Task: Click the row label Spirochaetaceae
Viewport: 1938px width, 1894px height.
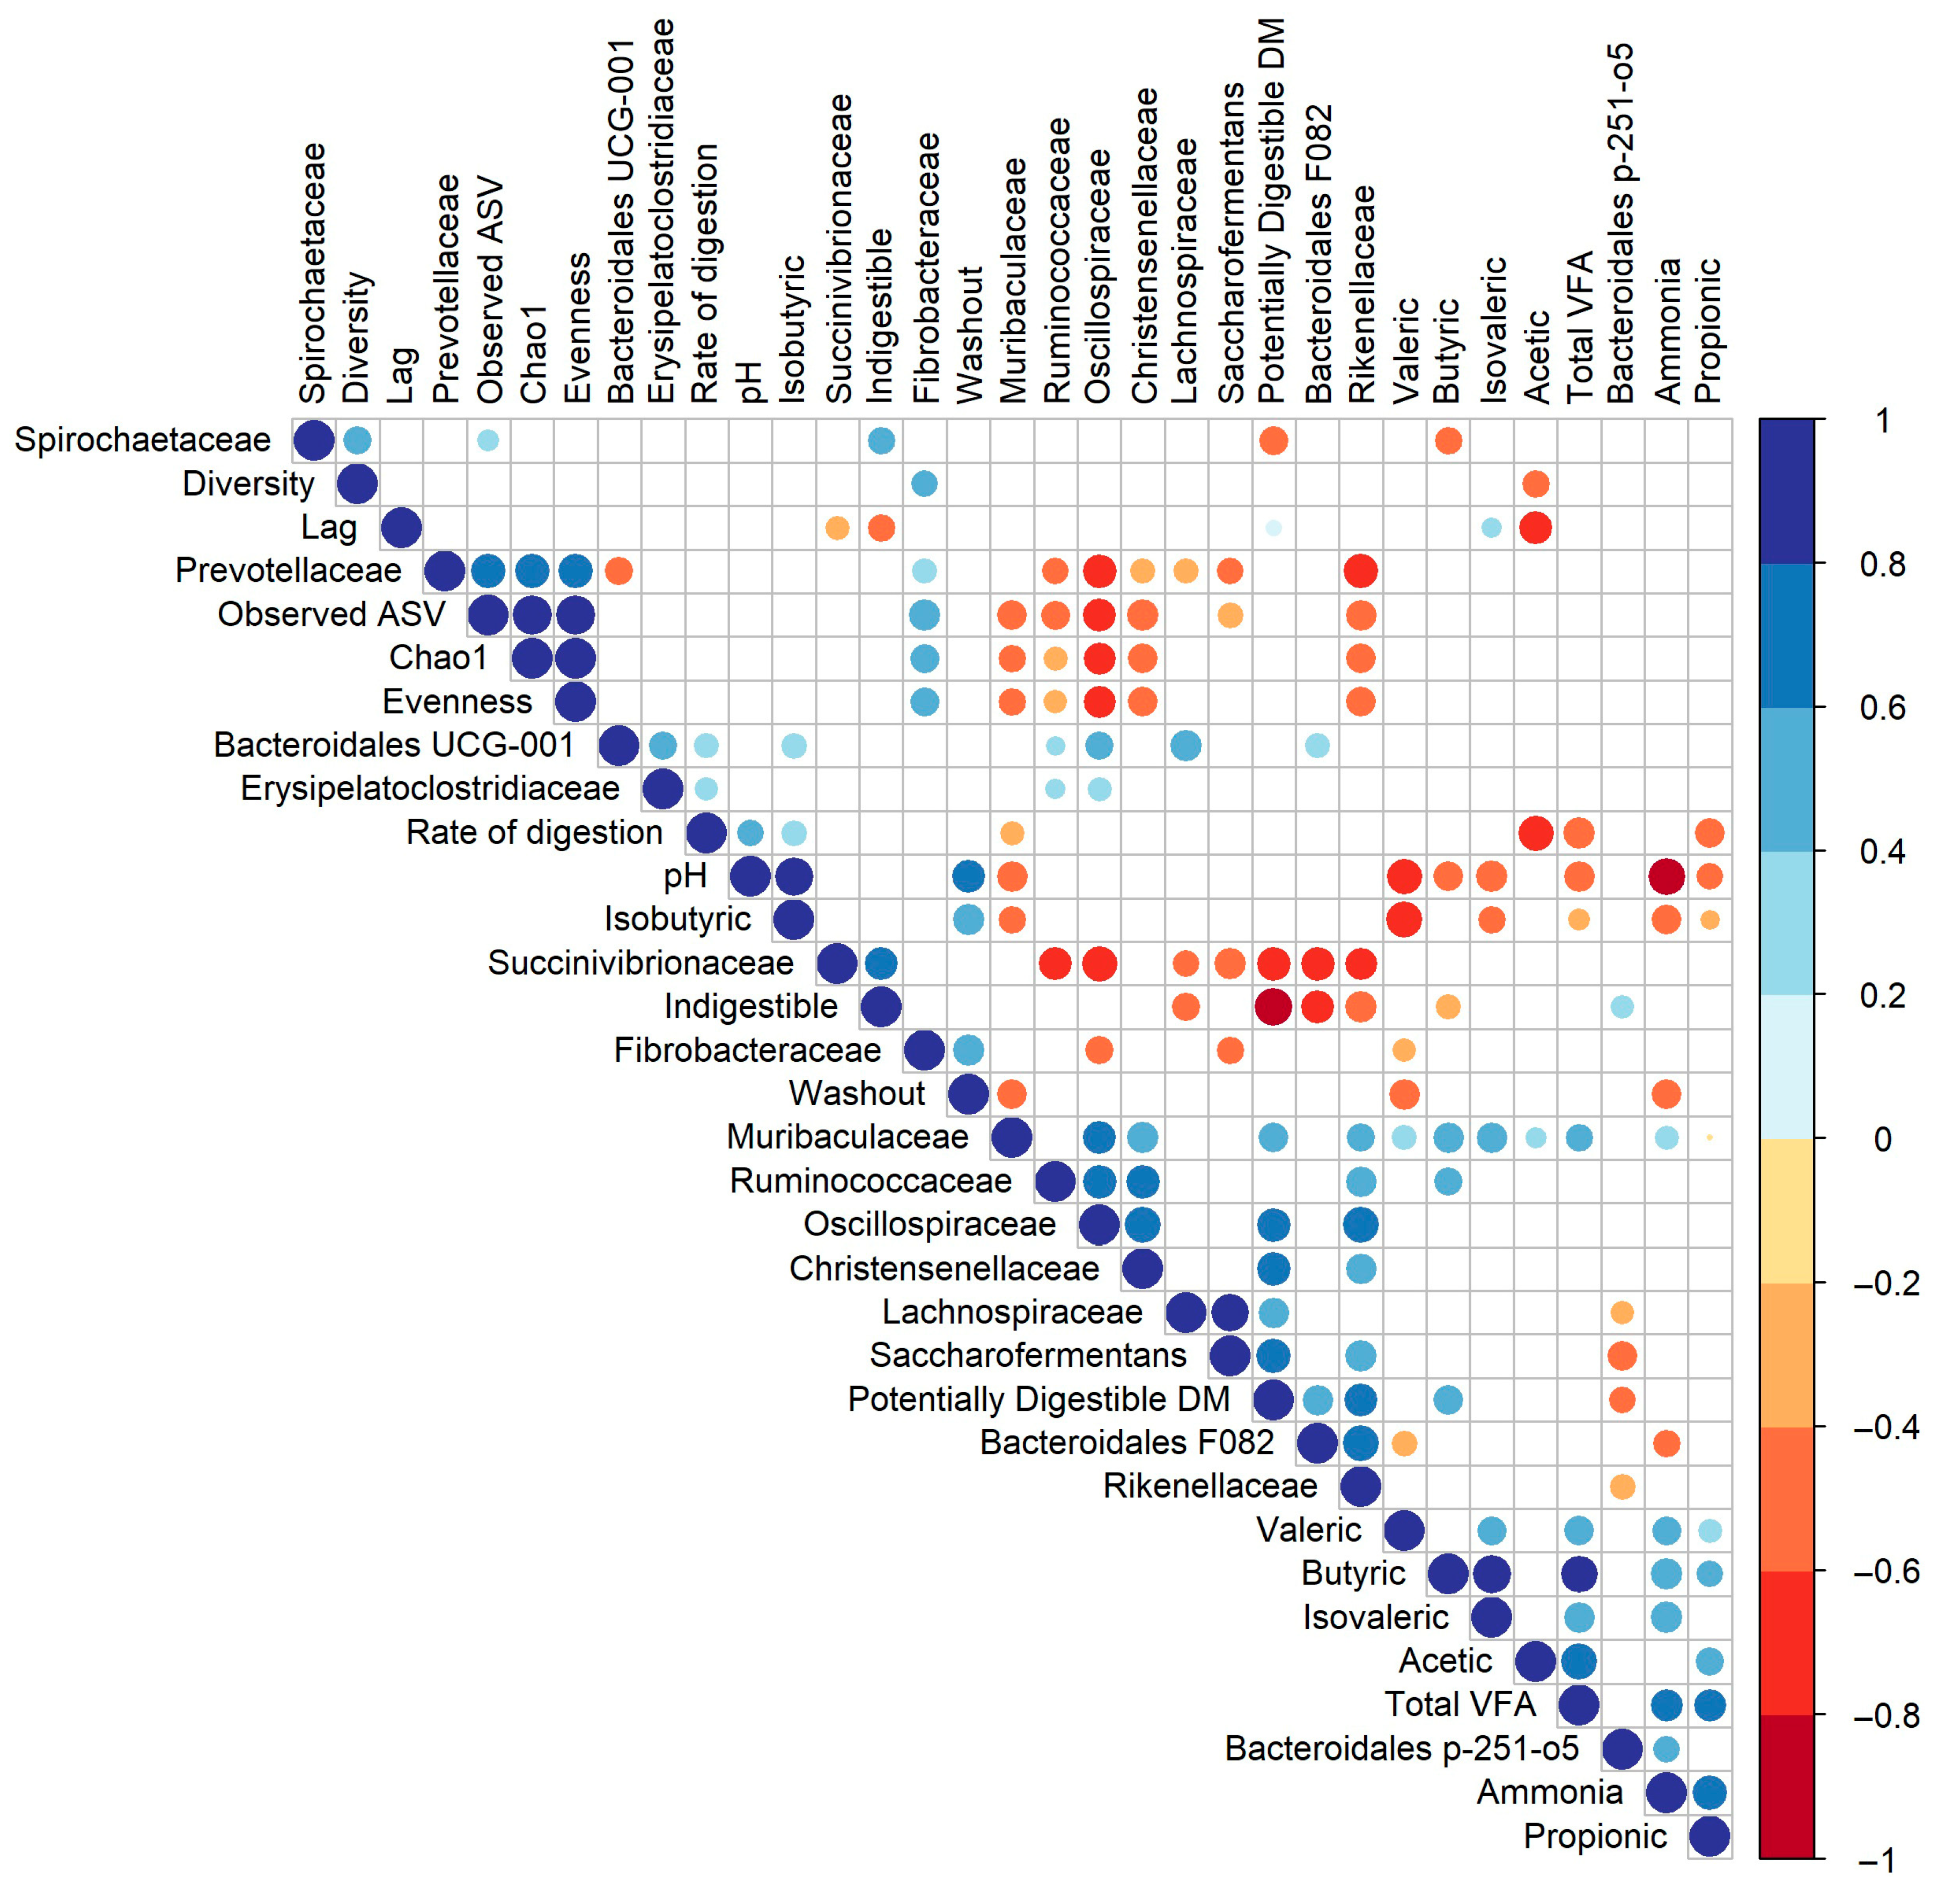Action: [142, 440]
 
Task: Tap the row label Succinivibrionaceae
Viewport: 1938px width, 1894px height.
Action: [640, 963]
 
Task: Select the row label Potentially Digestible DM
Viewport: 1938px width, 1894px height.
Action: [1038, 1400]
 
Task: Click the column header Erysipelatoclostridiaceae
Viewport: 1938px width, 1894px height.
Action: [661, 211]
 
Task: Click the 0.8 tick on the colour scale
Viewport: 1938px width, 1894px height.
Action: [1882, 564]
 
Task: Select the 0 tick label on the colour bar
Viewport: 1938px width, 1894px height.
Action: [1882, 1139]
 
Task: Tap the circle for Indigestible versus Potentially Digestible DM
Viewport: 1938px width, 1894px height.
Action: [1273, 1007]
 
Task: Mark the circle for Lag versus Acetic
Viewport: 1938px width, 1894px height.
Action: [1535, 527]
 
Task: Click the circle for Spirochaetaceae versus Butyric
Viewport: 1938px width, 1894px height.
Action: [1448, 440]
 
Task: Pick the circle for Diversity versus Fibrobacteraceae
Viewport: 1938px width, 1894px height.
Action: [924, 484]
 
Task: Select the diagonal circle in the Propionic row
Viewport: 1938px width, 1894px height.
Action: [1709, 1836]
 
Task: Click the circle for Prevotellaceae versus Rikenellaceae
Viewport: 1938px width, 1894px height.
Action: [1360, 571]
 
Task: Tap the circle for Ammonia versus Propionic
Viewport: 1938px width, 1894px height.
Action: [1709, 1793]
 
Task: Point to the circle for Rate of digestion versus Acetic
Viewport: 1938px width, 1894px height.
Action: [1535, 833]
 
